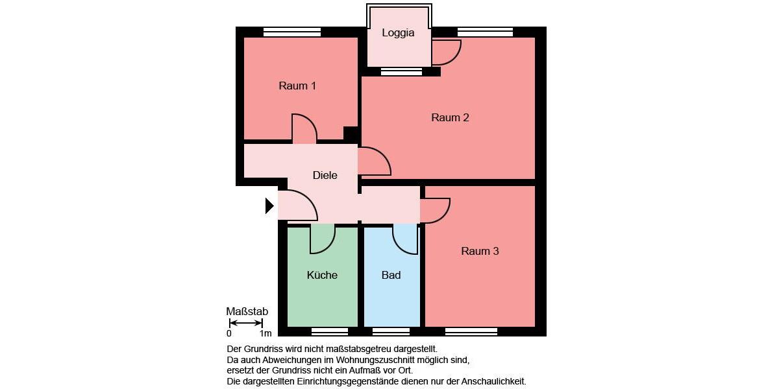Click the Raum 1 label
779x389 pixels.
coord(297,86)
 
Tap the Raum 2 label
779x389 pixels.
coord(450,117)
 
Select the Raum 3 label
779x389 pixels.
coord(480,251)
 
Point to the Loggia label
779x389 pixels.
coord(398,33)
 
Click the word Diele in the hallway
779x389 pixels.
coord(325,175)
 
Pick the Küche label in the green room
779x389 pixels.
coord(322,275)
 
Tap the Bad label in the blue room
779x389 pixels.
coord(391,275)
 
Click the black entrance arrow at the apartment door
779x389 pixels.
coord(269,206)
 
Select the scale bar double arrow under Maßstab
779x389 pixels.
coord(246,323)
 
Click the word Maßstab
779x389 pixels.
coord(247,311)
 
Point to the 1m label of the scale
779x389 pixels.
coord(266,334)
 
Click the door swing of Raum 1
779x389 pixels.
coord(304,128)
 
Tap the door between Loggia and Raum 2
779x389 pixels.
coord(446,53)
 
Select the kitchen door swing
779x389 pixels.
coord(322,239)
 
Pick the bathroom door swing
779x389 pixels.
coord(406,239)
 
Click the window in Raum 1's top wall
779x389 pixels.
coord(292,32)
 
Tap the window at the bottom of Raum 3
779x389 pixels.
coord(471,331)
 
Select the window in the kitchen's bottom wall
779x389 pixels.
coord(330,331)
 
